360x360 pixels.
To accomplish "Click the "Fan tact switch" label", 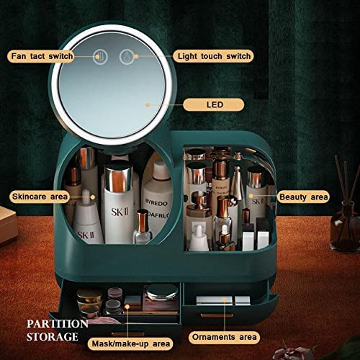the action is [41, 56].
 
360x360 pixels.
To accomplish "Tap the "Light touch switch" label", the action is [213, 56].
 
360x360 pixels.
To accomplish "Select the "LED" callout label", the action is [214, 105].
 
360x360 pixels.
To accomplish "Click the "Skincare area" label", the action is [40, 197].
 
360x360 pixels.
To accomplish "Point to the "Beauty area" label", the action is [303, 197].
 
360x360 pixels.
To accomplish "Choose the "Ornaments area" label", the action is [224, 337].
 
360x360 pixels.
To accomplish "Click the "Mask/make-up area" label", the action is [131, 343].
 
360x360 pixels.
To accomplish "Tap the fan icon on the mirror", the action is [101, 57].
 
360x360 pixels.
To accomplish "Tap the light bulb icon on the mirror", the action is [127, 57].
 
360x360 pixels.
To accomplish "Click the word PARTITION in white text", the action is [58, 324].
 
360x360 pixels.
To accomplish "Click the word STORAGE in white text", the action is [53, 336].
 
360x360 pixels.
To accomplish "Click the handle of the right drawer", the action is [217, 315].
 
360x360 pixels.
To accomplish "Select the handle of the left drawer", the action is [128, 334].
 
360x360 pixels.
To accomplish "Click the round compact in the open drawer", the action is [162, 292].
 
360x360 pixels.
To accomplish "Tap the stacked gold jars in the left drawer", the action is [89, 301].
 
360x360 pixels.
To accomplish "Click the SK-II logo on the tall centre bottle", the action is [120, 212].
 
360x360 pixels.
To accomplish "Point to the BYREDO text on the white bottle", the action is [156, 203].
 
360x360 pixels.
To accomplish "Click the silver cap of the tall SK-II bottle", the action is [119, 178].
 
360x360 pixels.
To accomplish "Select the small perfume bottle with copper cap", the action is [143, 227].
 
